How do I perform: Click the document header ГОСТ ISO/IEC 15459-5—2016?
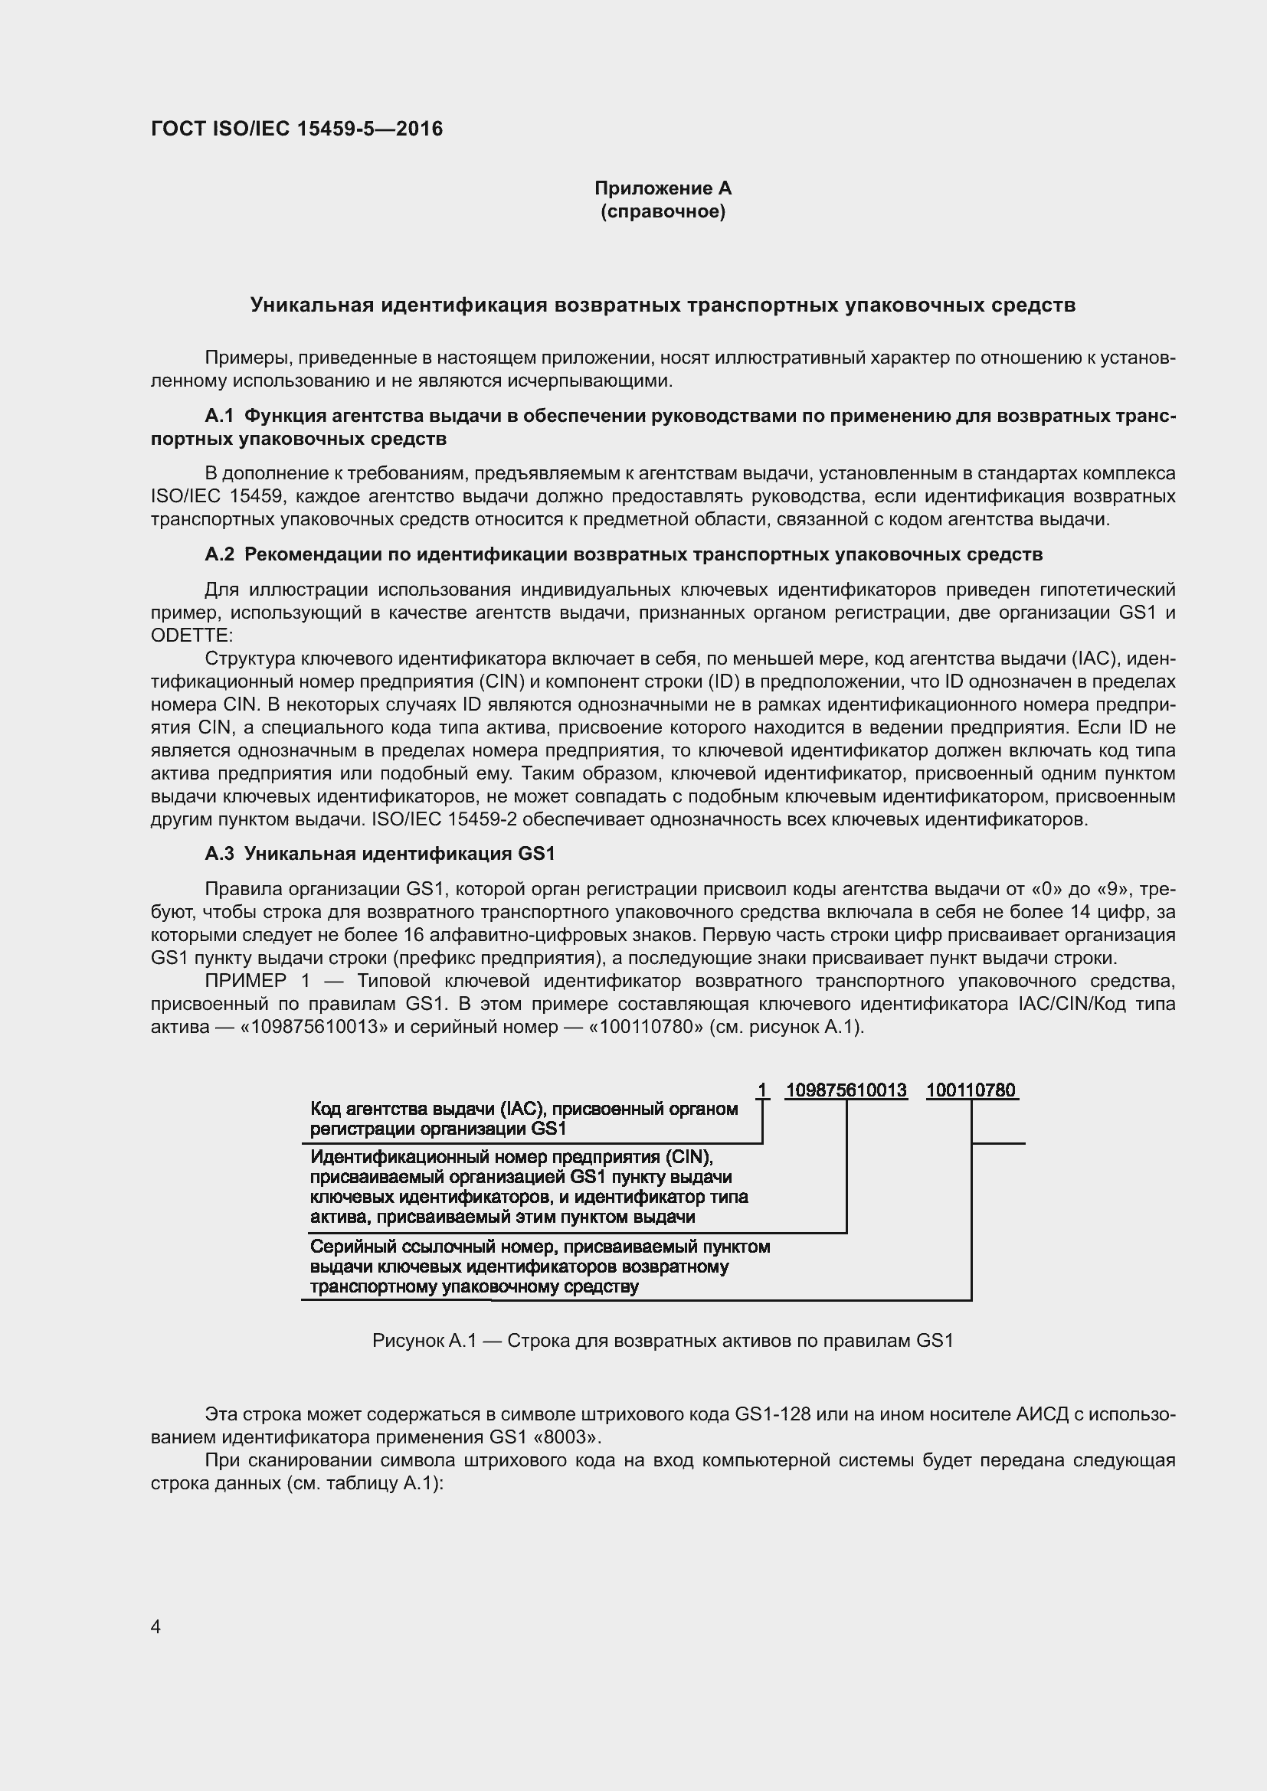point(296,129)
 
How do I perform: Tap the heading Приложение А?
point(663,188)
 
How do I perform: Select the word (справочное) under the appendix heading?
point(663,211)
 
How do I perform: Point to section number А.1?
point(219,416)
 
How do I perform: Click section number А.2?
point(219,554)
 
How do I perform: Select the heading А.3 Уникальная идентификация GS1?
point(379,853)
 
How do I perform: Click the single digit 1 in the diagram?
point(762,1090)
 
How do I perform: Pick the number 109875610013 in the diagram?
point(846,1090)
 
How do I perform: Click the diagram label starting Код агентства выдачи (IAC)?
point(523,1119)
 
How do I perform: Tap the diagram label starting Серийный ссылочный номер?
point(539,1266)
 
